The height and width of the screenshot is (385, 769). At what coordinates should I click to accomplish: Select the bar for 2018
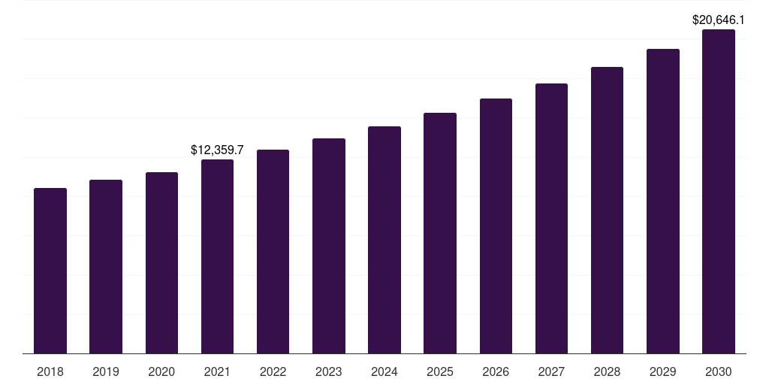[50, 271]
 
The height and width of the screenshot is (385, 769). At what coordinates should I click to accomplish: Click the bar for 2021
[217, 256]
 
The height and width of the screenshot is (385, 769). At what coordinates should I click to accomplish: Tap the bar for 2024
[384, 240]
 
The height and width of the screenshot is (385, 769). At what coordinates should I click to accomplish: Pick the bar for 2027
[551, 218]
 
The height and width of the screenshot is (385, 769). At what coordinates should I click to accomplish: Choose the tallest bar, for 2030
[719, 192]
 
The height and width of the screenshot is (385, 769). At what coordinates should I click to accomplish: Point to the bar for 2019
[106, 267]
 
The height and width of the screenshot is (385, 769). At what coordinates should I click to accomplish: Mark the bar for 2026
[496, 226]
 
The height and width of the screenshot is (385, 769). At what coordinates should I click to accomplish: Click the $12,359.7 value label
[217, 150]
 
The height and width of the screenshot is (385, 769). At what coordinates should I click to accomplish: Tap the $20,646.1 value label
[719, 20]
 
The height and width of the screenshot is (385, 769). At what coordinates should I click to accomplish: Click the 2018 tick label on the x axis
[50, 371]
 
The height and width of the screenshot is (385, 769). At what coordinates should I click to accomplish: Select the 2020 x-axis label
[161, 371]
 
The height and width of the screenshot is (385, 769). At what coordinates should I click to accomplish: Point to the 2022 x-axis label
[273, 371]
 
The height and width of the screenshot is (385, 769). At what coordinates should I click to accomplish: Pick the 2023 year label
[329, 371]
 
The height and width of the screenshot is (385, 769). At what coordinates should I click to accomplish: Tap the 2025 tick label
[440, 371]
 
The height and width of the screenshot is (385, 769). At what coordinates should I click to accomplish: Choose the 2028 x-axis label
[607, 371]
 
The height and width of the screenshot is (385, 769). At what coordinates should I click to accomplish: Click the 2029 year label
[662, 371]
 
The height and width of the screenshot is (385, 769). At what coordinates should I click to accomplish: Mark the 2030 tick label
[719, 371]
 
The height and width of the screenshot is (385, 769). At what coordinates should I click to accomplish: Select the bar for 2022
[273, 252]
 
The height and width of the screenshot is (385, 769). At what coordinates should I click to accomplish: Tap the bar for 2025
[440, 233]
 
